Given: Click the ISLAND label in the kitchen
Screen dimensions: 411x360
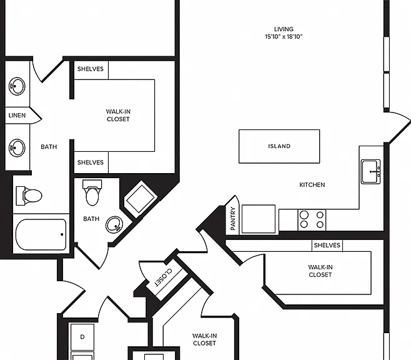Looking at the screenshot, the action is click(279, 146).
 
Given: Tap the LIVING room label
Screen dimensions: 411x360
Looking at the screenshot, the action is click(284, 29).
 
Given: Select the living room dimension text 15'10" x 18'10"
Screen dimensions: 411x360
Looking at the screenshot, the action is click(284, 37).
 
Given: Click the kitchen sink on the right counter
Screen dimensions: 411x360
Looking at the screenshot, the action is click(370, 172).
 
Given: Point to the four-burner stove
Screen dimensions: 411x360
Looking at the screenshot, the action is click(312, 220).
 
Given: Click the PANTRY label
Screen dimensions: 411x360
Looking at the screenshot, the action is click(233, 218).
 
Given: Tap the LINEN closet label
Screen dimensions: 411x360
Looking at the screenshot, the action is click(17, 116).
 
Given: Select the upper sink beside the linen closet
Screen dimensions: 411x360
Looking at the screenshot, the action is click(17, 86).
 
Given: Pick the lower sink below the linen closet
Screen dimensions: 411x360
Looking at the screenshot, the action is click(17, 148).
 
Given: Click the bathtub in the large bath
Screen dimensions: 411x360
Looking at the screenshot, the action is click(41, 234).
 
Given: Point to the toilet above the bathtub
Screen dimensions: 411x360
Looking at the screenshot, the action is click(29, 196).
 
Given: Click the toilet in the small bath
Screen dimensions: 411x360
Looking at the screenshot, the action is click(92, 192).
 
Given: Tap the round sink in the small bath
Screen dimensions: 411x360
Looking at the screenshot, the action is click(114, 224).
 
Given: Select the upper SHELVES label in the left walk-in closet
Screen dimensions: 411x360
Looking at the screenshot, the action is click(91, 69).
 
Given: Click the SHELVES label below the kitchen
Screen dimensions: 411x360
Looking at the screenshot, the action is click(327, 246).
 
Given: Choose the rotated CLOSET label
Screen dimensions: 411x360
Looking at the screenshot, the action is click(164, 277).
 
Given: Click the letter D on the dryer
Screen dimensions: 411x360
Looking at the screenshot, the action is click(82, 337).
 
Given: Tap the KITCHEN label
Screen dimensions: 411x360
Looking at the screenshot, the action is click(312, 185).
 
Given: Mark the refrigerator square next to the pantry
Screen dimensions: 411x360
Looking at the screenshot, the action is click(259, 219).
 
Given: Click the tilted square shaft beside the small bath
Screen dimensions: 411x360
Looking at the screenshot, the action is click(141, 199).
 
